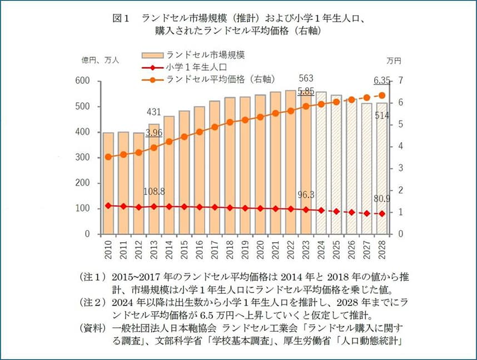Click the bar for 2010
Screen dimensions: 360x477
point(108,183)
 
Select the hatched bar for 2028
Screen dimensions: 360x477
point(381,167)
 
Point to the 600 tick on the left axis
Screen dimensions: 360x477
point(83,81)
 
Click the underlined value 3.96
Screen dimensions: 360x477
point(154,133)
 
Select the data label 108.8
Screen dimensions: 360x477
point(154,192)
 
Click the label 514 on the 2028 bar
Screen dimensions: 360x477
point(382,115)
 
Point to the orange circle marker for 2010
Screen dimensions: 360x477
point(108,157)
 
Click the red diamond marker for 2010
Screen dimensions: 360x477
point(108,206)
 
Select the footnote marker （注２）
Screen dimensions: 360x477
point(92,303)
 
